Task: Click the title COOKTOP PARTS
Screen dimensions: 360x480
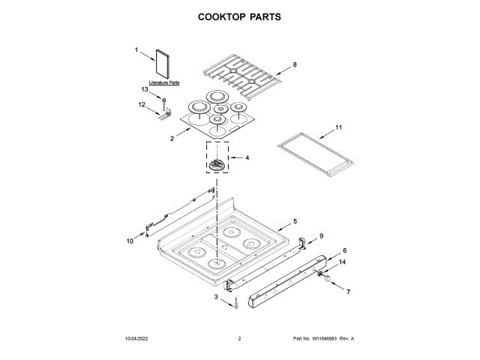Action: click(239, 16)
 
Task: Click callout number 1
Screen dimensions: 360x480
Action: click(136, 50)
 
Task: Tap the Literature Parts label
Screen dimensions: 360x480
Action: click(163, 82)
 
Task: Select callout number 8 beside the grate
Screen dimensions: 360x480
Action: click(295, 65)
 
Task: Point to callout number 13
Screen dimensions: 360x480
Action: click(145, 90)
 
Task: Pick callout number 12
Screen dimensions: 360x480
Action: click(141, 105)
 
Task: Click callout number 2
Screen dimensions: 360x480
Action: click(172, 139)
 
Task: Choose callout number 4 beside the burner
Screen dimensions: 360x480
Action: click(247, 158)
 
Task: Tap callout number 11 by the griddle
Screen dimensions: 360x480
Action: click(338, 128)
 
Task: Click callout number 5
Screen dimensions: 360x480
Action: click(295, 221)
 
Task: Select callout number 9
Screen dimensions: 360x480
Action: click(322, 236)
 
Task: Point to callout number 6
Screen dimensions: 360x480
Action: click(345, 250)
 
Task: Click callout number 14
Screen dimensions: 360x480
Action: click(343, 262)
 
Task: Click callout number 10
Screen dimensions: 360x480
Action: click(129, 241)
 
